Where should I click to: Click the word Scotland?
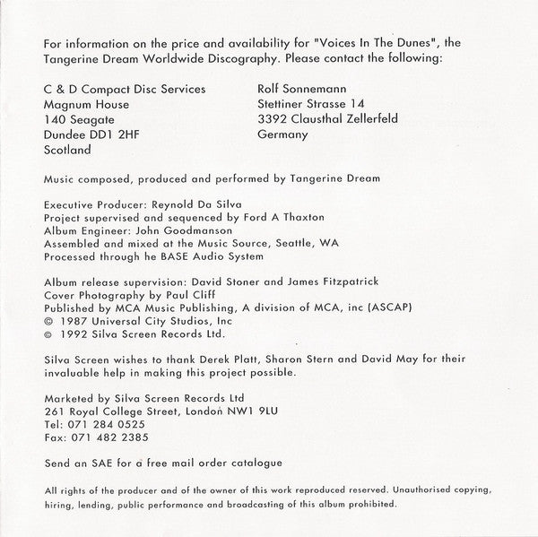(x=66, y=151)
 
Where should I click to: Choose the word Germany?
(x=282, y=134)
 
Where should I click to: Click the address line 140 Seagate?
(x=74, y=119)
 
